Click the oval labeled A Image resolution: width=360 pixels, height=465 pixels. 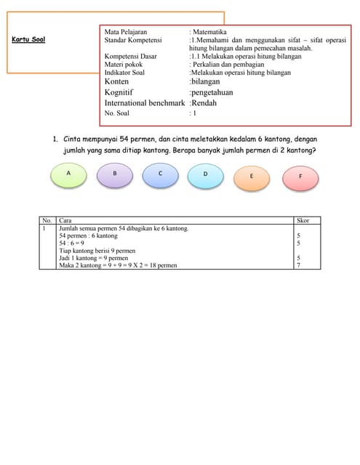point(68,174)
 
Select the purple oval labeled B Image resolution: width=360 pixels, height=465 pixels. point(114,174)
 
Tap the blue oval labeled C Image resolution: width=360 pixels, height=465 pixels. point(160,174)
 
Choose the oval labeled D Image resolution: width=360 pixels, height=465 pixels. point(205,175)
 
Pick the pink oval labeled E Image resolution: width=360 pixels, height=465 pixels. point(251,177)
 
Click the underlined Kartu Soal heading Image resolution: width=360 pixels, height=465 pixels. point(29,39)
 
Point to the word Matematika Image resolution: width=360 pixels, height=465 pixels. point(210,33)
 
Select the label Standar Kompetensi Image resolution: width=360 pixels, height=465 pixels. point(133,41)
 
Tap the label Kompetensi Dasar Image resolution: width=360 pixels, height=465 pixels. point(132,57)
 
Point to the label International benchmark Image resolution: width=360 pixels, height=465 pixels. point(144,103)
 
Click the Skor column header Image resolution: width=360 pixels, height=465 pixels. point(303,219)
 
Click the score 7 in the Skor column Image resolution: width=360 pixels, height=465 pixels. point(299,265)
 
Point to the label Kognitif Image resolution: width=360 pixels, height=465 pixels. point(121,92)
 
